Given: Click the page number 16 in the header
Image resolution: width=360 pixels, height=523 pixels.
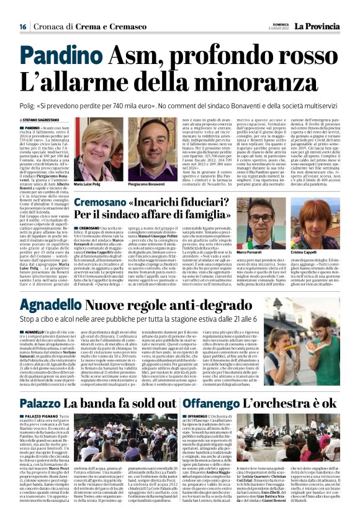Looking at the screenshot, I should pyautogui.click(x=22, y=27).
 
